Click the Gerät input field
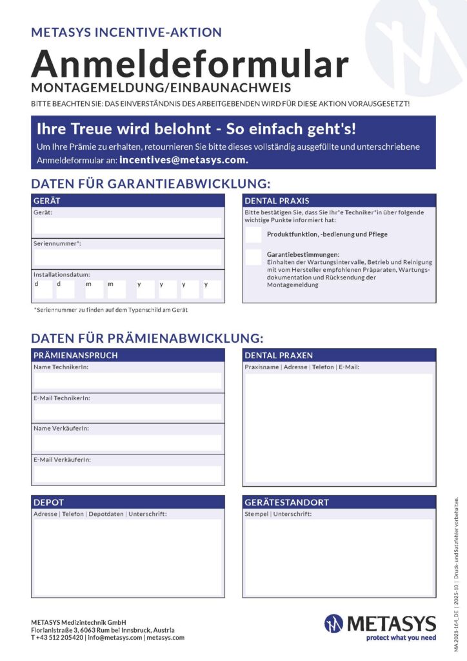(128, 225)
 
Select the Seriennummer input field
(128, 257)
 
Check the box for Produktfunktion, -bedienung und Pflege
(253, 234)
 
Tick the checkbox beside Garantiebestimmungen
(253, 257)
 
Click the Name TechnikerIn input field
(128, 380)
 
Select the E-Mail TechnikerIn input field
(128, 411)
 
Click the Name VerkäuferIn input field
(128, 442)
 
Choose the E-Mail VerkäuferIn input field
(128, 474)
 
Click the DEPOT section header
(128, 502)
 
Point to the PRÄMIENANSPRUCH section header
(128, 355)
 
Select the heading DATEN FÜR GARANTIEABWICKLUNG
(150, 183)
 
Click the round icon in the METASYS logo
(334, 623)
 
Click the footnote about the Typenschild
(110, 310)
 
